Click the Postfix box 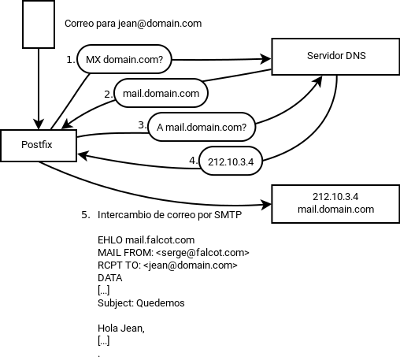point(38,146)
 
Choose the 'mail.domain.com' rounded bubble point(161,94)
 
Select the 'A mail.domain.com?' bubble point(202,127)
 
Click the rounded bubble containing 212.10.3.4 point(230,161)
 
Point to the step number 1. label point(71,59)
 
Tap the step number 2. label point(109,94)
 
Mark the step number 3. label point(142,124)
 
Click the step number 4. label point(193,160)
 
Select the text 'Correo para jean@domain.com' point(133,24)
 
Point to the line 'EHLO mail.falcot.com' point(146,240)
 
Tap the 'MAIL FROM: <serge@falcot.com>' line point(173,253)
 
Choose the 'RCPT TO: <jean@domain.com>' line point(167,265)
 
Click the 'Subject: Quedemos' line point(141,303)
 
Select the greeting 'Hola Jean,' point(121,328)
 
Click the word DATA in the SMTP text point(110,278)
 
